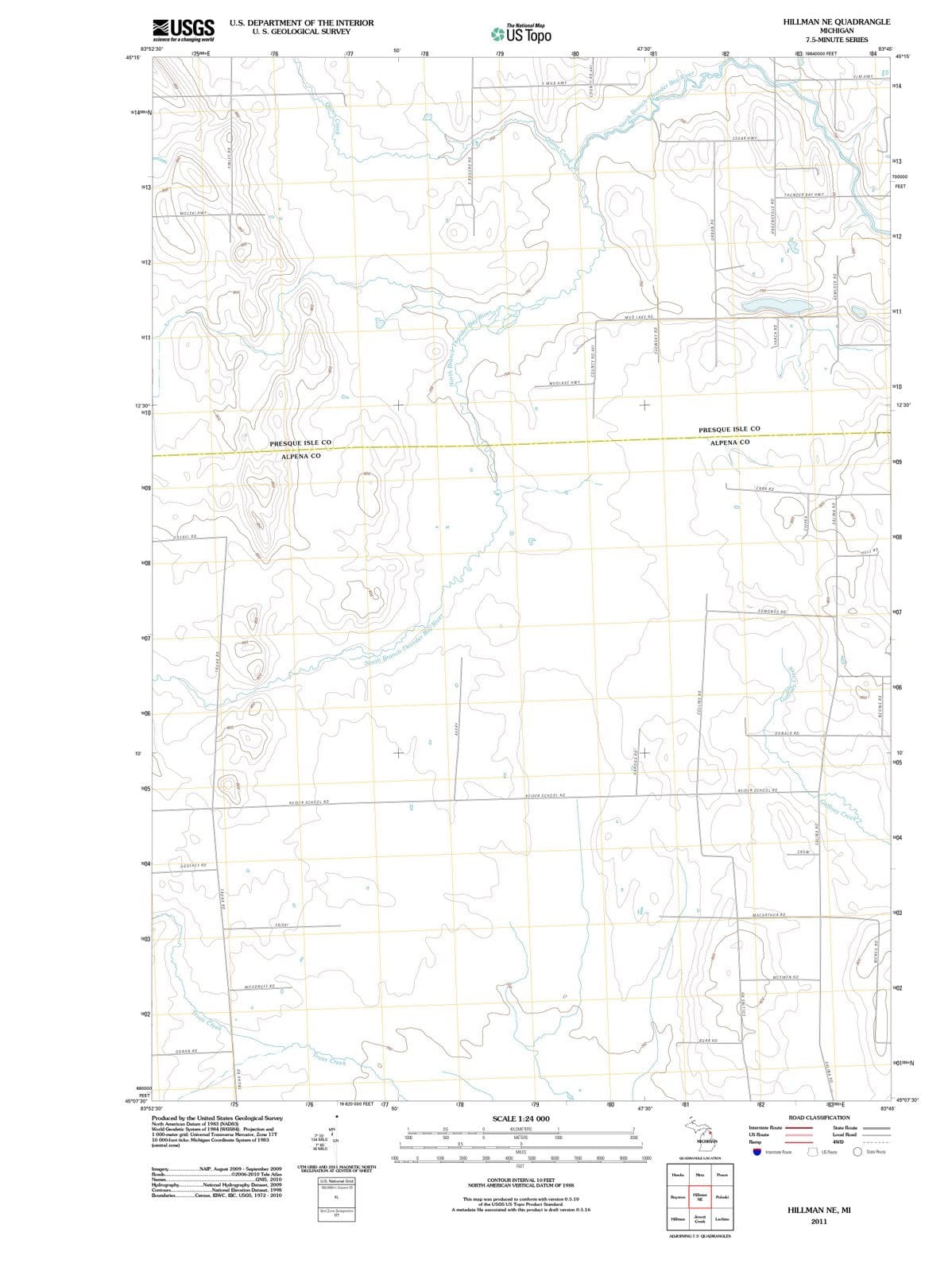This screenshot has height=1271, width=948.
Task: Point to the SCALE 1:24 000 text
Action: pyautogui.click(x=520, y=1118)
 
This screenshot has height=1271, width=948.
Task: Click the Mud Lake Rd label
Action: pyautogui.click(x=638, y=317)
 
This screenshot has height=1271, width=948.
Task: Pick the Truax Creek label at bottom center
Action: pyautogui.click(x=327, y=1060)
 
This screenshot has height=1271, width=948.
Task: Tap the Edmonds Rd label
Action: pyautogui.click(x=770, y=612)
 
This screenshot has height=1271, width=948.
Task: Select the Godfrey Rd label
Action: pyautogui.click(x=193, y=865)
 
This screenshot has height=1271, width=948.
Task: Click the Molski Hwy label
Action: pyautogui.click(x=193, y=214)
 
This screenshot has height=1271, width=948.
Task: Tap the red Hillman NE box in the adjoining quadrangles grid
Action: pyautogui.click(x=699, y=1196)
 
